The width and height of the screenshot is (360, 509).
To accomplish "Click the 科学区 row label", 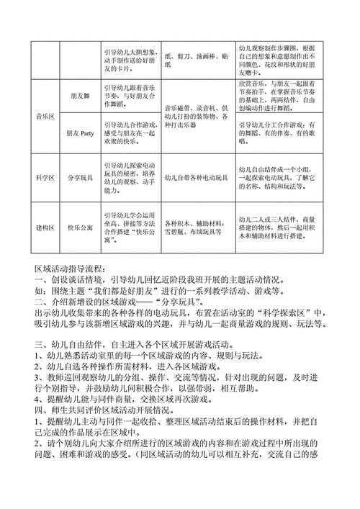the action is click(x=45, y=176).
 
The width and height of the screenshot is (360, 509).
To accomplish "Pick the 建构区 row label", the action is click(x=45, y=225).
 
